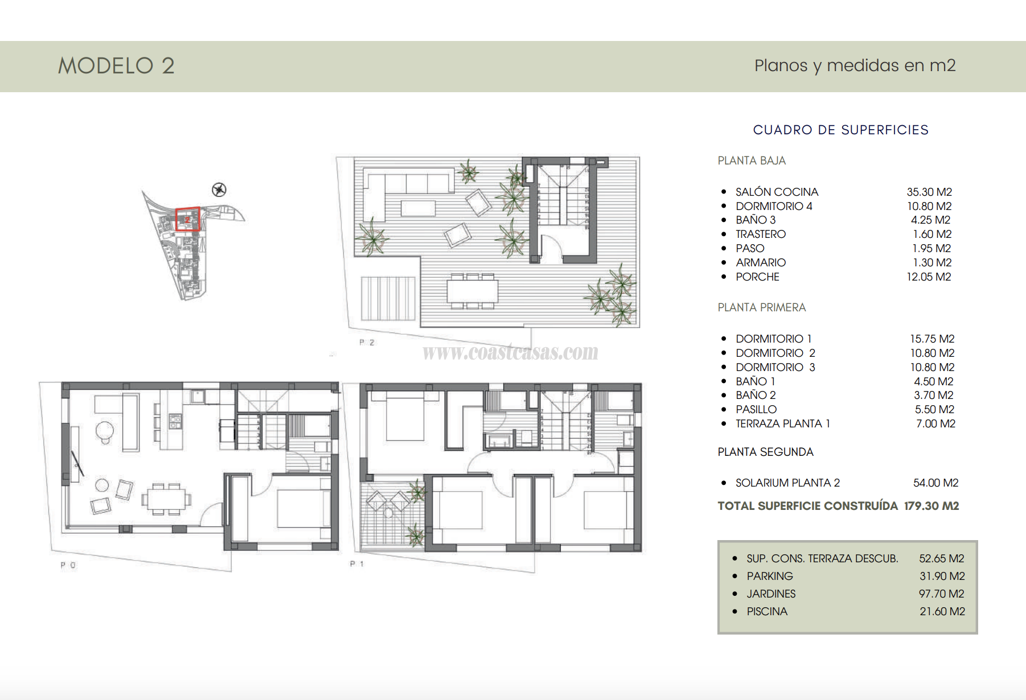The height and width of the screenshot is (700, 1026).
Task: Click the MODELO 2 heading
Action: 116,66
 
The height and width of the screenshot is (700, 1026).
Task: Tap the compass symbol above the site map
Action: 219,190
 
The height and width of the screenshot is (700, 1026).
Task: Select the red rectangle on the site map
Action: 187,219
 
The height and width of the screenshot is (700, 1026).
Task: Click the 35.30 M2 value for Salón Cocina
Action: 929,192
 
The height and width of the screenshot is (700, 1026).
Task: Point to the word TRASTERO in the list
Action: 760,234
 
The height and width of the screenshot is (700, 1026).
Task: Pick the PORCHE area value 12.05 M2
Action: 929,277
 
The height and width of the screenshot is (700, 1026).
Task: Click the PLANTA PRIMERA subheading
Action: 761,307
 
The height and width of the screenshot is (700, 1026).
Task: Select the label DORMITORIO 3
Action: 775,367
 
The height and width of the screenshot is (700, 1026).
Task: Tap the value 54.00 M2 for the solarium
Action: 935,483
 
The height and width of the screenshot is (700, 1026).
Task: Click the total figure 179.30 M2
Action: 931,506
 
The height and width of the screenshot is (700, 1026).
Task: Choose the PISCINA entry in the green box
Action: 767,611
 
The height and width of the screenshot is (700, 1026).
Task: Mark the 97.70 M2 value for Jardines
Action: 941,594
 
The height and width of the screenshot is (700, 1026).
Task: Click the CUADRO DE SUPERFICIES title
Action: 840,130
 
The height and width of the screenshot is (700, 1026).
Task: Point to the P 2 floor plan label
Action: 367,343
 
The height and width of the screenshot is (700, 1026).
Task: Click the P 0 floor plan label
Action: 68,565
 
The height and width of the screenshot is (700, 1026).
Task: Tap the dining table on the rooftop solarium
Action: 472,291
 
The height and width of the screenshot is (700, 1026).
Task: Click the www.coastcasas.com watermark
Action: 510,352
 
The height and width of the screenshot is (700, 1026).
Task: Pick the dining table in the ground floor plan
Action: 166,499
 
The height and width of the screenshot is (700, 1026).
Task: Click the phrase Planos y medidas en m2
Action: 855,65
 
